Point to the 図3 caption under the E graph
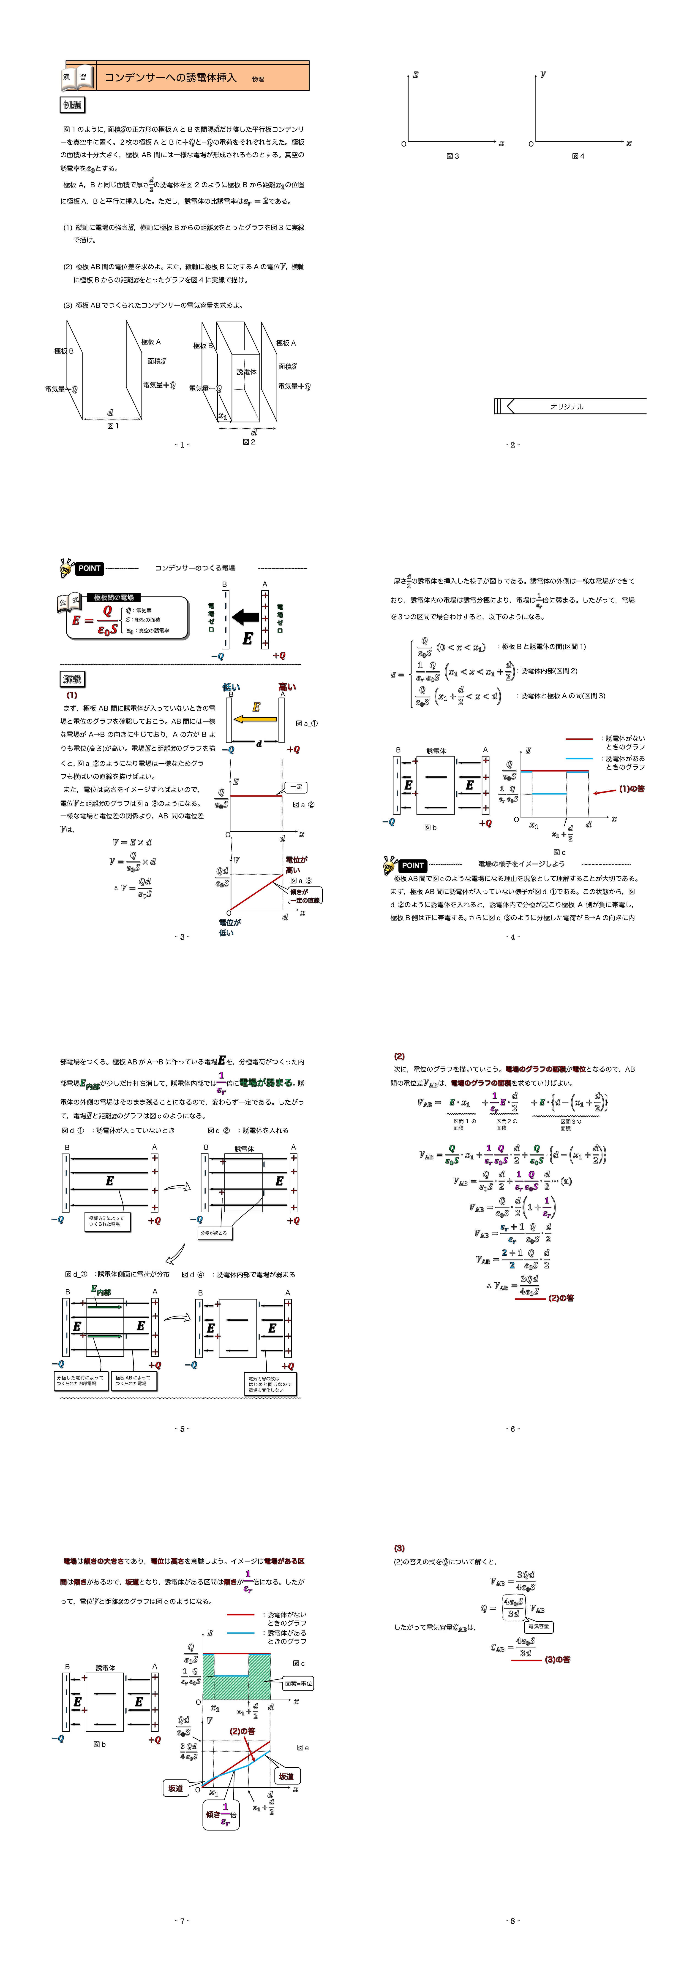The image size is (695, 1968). [453, 156]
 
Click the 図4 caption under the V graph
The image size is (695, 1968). [578, 156]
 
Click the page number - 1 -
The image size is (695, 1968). [182, 445]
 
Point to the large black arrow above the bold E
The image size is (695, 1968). [245, 616]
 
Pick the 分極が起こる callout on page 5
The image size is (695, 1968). [213, 1233]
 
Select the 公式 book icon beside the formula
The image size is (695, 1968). [69, 603]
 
